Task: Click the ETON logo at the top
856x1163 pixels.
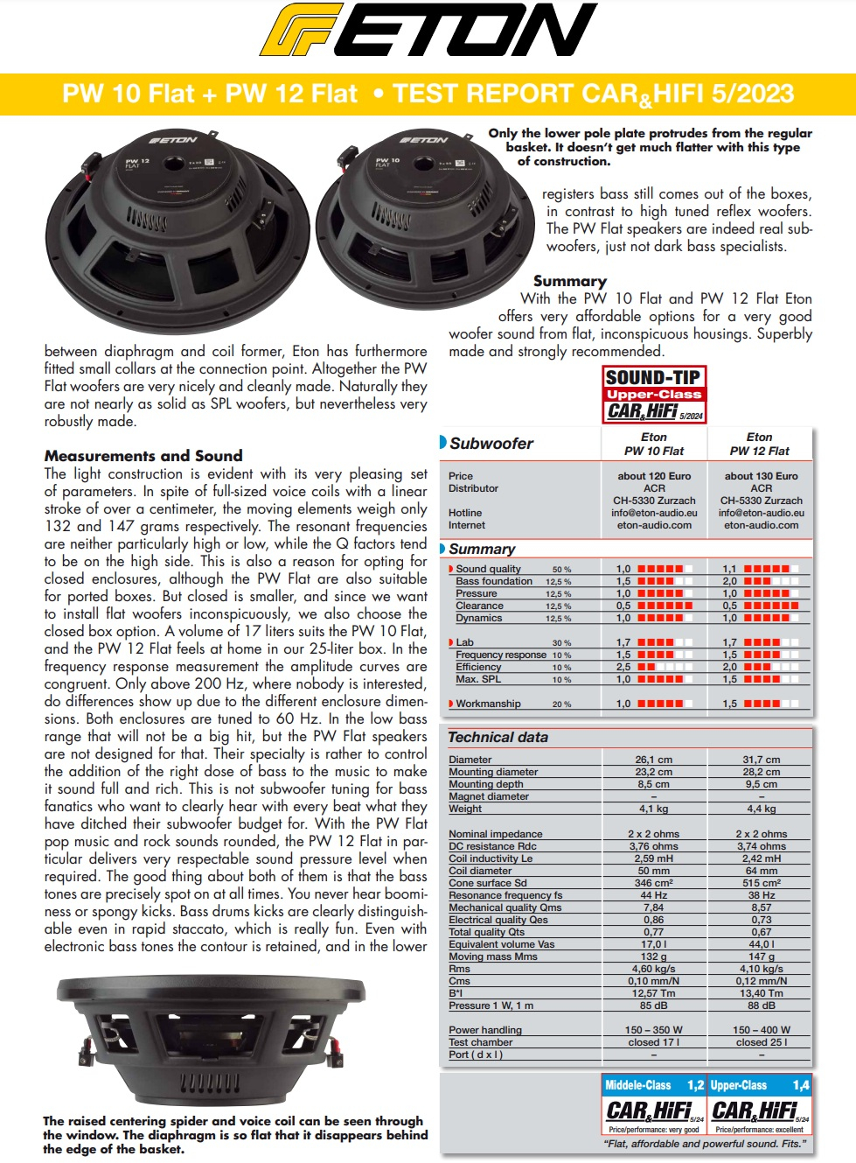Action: pos(428,32)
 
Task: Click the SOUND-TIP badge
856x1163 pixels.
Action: pos(654,394)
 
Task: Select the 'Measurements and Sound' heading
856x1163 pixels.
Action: pos(143,456)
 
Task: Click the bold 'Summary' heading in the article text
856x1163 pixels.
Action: pos(569,281)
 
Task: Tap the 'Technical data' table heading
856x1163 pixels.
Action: pos(498,738)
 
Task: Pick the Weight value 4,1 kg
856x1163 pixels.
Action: pos(653,809)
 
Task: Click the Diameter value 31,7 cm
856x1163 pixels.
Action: pos(761,760)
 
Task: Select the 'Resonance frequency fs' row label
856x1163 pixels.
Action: pos(505,895)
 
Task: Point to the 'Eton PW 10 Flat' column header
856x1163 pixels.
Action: pos(654,444)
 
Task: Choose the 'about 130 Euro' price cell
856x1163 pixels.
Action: pos(761,476)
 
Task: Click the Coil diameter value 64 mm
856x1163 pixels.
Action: pos(761,871)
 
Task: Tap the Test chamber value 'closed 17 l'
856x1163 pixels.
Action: pos(653,1042)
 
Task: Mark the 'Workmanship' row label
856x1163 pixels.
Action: pos(488,704)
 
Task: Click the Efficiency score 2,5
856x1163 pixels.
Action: pos(623,667)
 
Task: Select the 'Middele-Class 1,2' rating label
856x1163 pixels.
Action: pos(654,1085)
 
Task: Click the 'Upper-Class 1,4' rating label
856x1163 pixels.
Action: pos(760,1085)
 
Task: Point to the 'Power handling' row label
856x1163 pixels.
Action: pos(485,1030)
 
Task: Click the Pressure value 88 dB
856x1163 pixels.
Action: pos(761,1005)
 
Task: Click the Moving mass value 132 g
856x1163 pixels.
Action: pos(653,956)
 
